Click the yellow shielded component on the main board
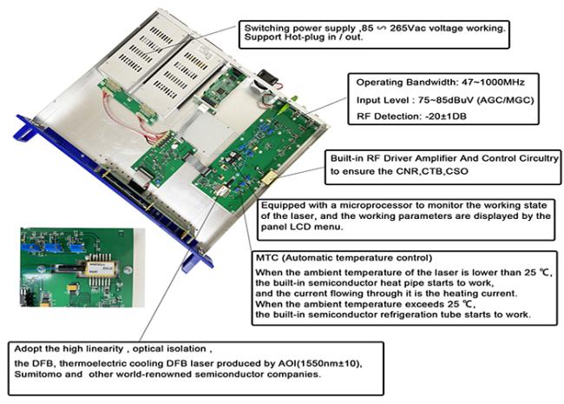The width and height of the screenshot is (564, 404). pyautogui.click(x=269, y=177)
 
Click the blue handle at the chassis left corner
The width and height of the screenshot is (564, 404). pyautogui.click(x=25, y=128)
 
